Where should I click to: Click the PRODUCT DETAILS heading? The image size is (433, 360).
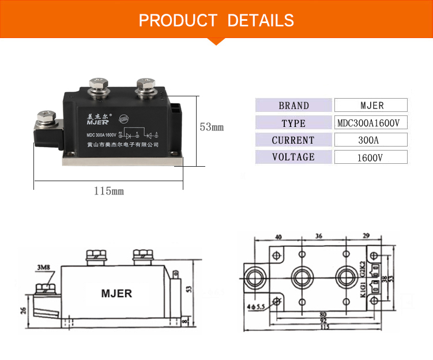point(216,21)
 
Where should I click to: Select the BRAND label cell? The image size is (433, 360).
point(293,106)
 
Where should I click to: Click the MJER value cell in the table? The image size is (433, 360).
point(371,106)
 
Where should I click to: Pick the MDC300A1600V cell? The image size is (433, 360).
point(371,123)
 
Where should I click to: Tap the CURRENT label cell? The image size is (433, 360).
point(293,140)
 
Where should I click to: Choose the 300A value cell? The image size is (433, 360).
point(371,140)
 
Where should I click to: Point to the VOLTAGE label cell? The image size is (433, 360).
point(293,157)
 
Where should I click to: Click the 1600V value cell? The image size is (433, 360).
point(371,157)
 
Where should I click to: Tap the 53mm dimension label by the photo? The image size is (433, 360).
point(211,127)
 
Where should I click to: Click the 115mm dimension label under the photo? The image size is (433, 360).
point(109,191)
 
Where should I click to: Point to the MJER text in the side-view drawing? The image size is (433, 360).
point(116,293)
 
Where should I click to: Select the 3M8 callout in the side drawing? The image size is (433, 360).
point(43,268)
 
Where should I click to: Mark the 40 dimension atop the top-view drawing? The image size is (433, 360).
point(278,237)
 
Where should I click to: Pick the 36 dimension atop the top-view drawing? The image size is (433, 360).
point(319,237)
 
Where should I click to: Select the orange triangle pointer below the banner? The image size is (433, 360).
point(216,40)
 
